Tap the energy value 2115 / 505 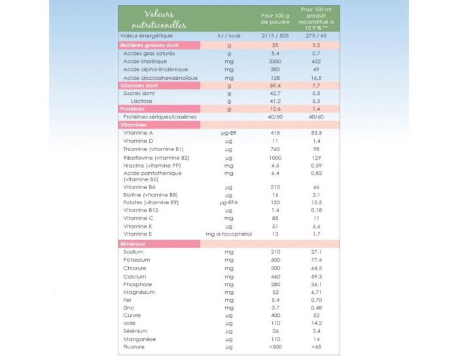[275, 36]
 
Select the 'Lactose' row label [141, 101]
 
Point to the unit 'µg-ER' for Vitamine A [229, 133]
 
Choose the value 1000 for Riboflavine [275, 158]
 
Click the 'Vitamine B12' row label [141, 210]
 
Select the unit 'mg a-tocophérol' [229, 234]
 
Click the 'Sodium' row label [133, 252]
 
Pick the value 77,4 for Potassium [316, 260]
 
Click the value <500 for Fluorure [275, 346]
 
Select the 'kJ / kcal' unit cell [229, 36]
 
